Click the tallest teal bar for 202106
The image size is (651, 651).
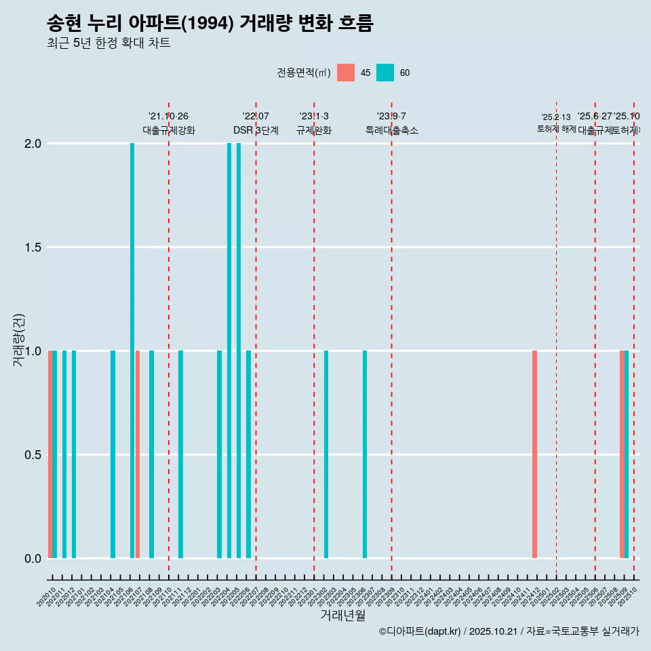(x=132, y=351)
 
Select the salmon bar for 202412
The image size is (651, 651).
(x=534, y=454)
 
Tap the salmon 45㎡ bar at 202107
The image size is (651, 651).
(x=138, y=454)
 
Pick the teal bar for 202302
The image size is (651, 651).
(x=326, y=454)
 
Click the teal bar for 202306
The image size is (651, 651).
(x=365, y=454)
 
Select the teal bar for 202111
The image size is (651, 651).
(x=180, y=454)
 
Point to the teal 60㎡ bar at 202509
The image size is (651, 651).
(x=627, y=454)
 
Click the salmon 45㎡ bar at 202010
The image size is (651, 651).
(x=50, y=454)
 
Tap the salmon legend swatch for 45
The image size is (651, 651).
(x=346, y=73)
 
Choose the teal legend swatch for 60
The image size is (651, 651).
(x=385, y=73)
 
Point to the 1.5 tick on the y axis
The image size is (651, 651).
(x=33, y=248)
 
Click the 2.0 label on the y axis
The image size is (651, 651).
(x=33, y=144)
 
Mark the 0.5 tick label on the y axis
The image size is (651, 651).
(x=33, y=455)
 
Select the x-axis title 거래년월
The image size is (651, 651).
(x=342, y=616)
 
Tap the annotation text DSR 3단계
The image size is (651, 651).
(x=256, y=130)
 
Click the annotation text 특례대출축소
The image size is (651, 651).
(x=391, y=130)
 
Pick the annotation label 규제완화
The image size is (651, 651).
(x=313, y=130)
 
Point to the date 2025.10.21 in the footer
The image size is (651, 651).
(x=493, y=631)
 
